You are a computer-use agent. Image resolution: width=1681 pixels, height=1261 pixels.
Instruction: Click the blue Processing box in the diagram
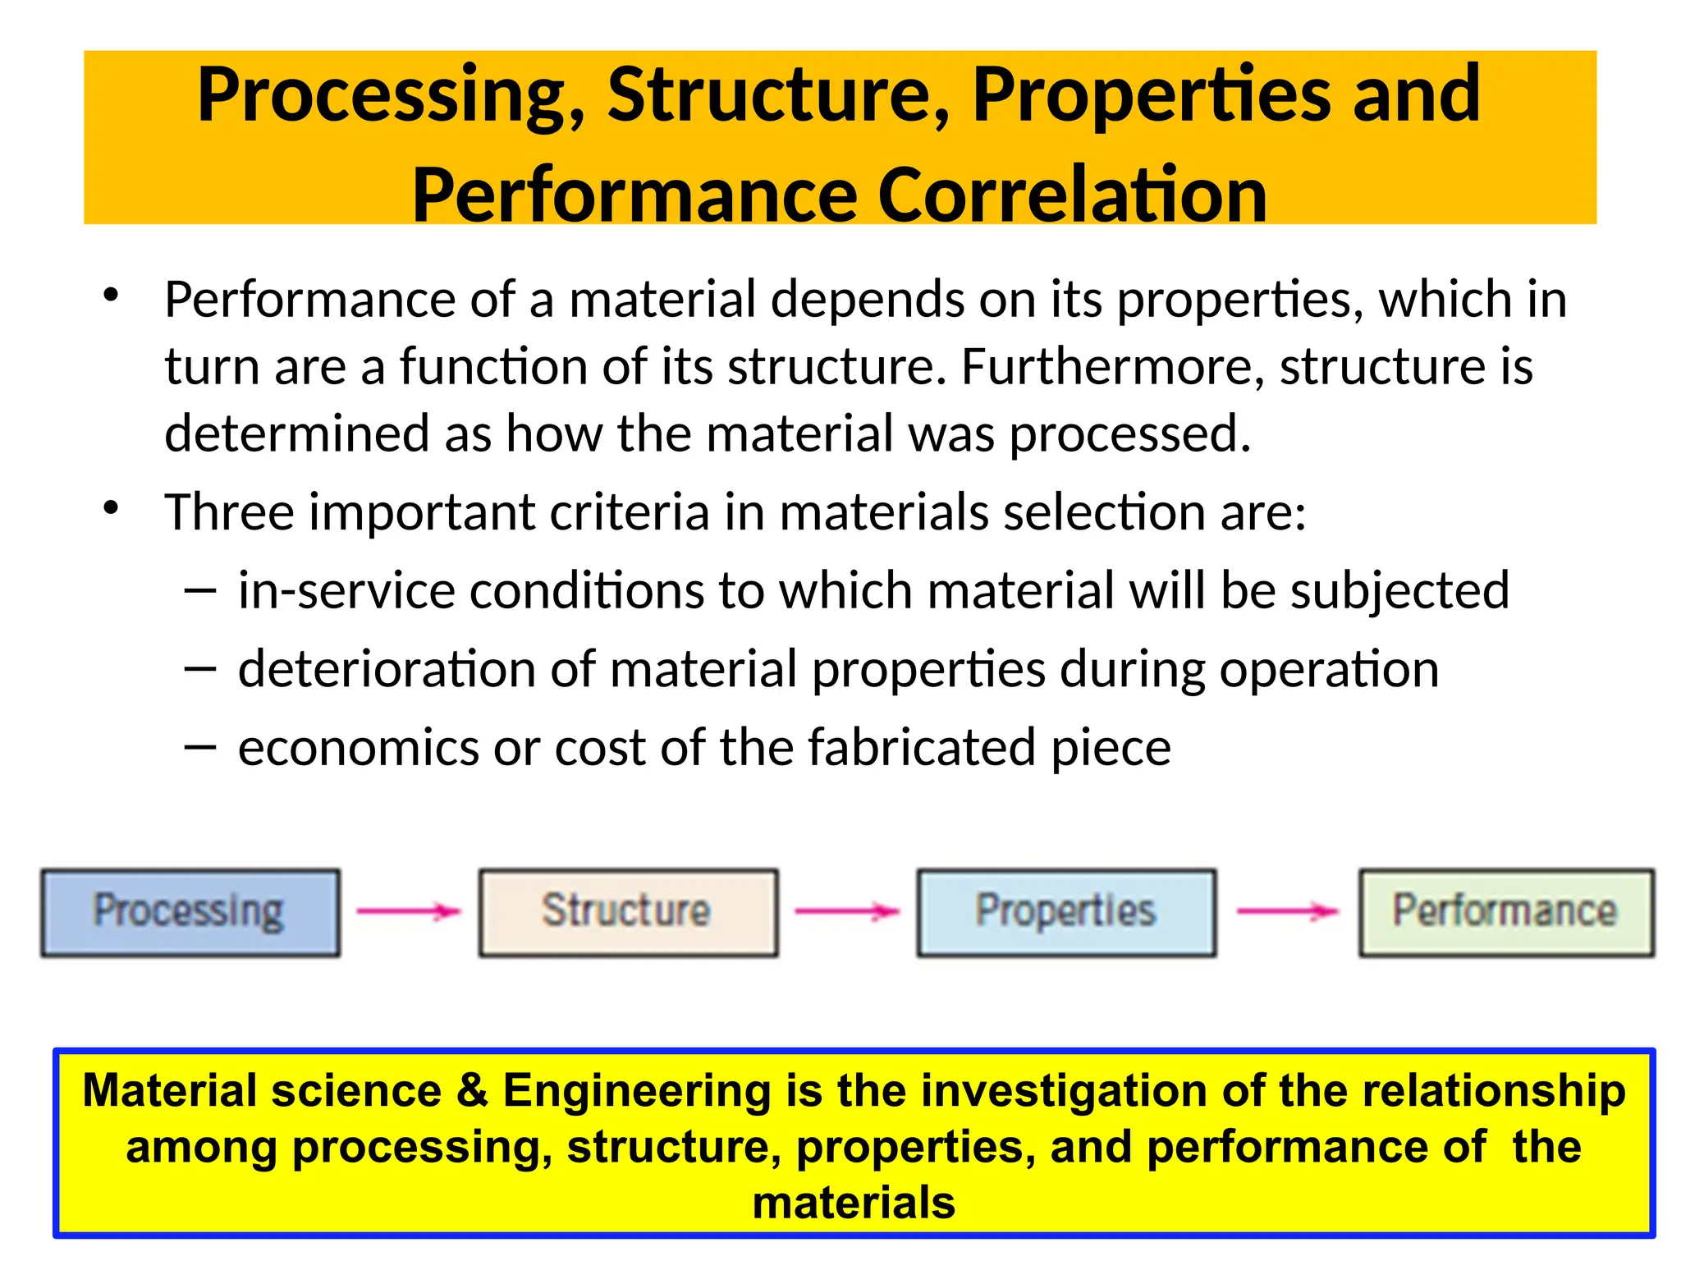(x=190, y=912)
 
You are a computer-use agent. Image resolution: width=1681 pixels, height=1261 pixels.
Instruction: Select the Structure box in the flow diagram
(x=628, y=912)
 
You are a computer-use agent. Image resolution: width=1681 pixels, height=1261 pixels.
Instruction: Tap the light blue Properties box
(x=1065, y=912)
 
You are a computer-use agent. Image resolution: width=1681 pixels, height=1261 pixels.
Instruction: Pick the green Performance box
(x=1505, y=912)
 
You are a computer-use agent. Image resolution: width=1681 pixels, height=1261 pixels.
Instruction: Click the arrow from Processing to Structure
(x=409, y=910)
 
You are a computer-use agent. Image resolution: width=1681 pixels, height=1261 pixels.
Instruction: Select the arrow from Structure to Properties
(x=847, y=910)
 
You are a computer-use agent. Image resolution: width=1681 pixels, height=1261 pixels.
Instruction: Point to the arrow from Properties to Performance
(x=1287, y=910)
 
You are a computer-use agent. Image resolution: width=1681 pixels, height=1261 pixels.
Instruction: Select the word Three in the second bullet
(x=229, y=512)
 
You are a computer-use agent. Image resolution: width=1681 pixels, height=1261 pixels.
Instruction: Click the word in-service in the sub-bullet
(x=346, y=591)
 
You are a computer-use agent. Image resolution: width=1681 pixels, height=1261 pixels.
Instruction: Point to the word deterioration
(x=387, y=669)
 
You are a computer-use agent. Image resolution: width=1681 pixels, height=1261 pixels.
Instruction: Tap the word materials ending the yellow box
(x=854, y=1203)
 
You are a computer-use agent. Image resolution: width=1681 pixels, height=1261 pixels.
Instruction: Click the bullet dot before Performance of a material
(x=112, y=296)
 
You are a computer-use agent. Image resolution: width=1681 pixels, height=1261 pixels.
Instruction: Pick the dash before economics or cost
(x=200, y=747)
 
